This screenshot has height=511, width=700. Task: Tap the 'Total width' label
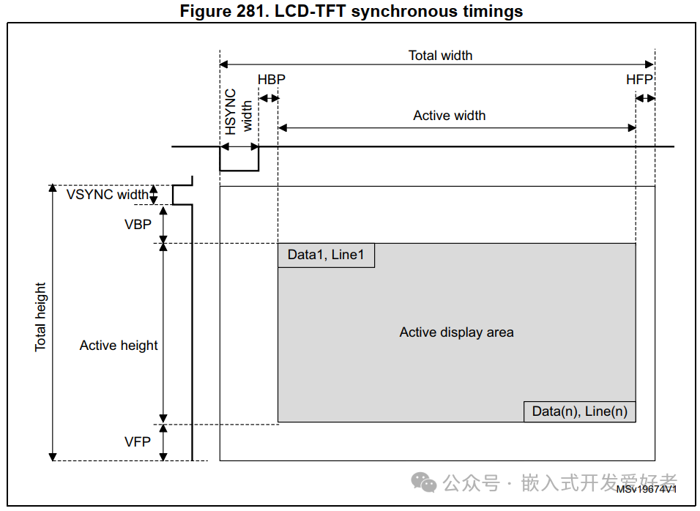440,55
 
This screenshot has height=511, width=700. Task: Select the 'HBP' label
271,79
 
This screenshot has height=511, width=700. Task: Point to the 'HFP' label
638,79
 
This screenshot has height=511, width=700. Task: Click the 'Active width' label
449,115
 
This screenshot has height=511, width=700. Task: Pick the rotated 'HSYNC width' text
239,111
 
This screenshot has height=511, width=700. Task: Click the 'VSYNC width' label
107,195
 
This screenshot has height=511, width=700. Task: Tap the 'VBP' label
138,225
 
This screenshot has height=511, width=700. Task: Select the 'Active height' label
119,345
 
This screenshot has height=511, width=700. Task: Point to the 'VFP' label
138,441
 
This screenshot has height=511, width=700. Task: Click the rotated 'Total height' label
40,316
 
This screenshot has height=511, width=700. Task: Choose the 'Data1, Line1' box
326,255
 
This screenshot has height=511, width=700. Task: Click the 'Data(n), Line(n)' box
579,411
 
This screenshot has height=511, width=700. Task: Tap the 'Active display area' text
456,332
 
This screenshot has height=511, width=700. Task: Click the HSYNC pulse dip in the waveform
239,165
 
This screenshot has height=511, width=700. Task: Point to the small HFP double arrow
645,98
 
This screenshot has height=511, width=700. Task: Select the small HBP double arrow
269,98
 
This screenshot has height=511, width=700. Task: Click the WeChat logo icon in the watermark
423,482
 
